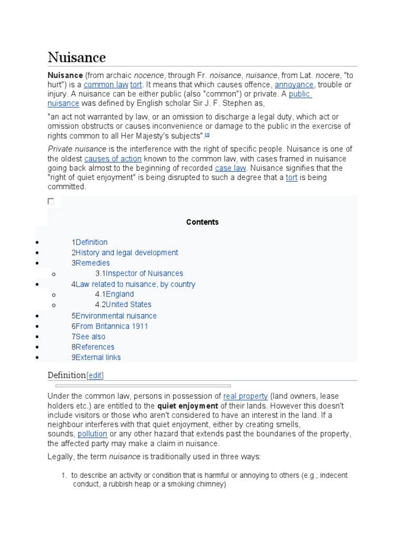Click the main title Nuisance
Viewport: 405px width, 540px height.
[76, 57]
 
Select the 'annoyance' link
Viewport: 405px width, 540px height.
[294, 85]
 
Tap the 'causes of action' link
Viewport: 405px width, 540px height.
[113, 159]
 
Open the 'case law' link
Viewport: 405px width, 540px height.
[231, 168]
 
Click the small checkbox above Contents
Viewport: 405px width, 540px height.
[51, 201]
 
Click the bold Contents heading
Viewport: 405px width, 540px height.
[202, 222]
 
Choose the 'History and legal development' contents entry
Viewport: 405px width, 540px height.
[127, 253]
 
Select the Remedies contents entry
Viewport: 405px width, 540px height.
[92, 263]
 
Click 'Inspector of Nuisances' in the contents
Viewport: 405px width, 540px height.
[144, 274]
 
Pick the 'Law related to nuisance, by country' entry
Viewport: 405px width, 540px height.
[135, 284]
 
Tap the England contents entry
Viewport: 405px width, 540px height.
[120, 294]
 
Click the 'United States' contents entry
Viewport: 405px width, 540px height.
[128, 305]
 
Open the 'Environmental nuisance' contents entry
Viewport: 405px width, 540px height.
[115, 316]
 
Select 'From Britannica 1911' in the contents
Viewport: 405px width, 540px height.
[111, 326]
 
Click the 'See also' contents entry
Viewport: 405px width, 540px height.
[90, 336]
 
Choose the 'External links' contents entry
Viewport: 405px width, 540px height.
[98, 358]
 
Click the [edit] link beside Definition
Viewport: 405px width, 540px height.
[95, 375]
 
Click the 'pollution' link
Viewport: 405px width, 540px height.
[92, 434]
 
